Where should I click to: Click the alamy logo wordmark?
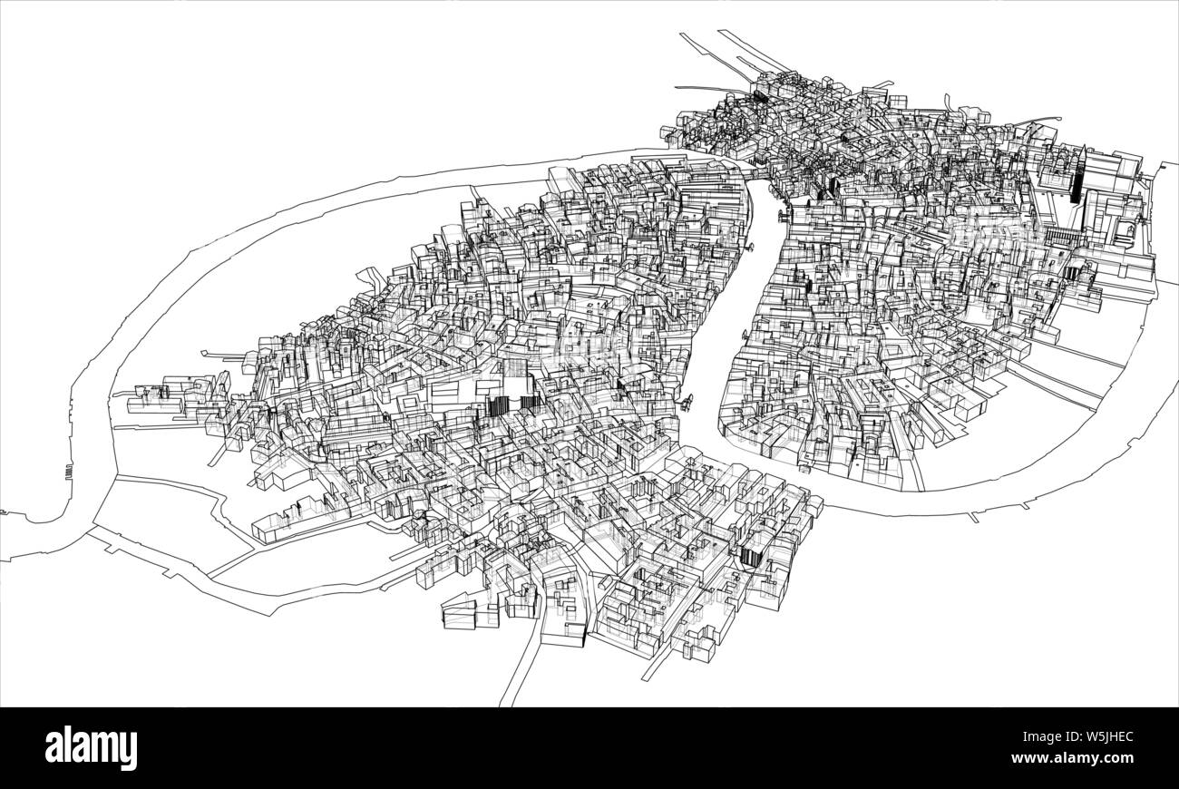[x=92, y=748]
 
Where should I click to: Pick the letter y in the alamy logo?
[x=129, y=752]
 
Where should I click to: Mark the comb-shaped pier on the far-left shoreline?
[x=69, y=472]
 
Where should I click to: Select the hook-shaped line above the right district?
[x=947, y=101]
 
